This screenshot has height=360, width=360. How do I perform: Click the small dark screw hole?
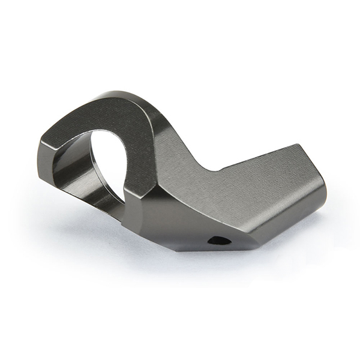point(218,241)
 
